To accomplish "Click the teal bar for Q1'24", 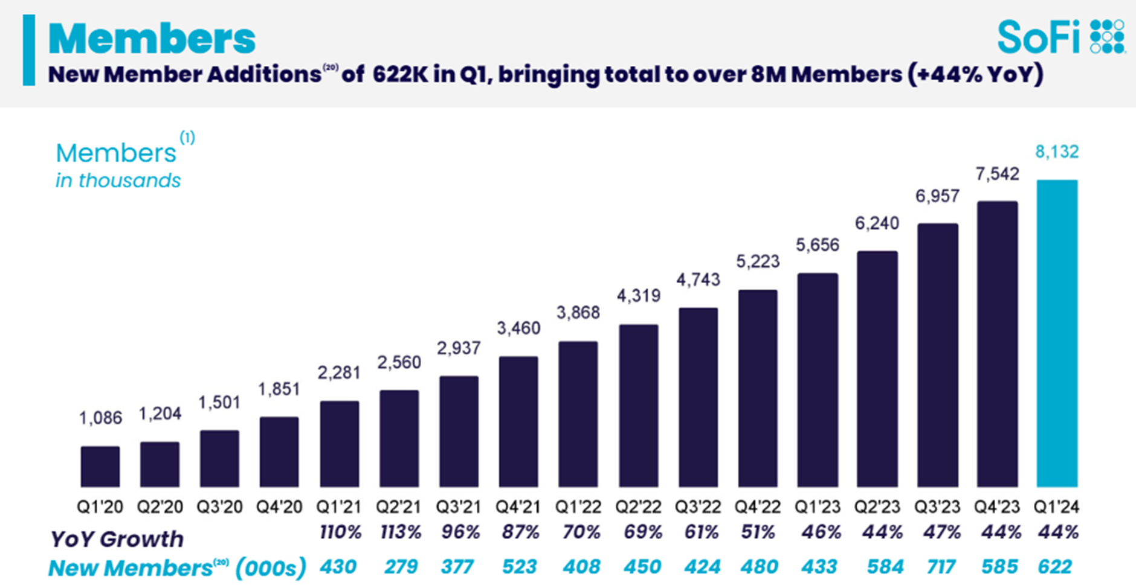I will [x=1057, y=333].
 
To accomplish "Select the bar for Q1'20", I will [x=100, y=467].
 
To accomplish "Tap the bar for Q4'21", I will [x=518, y=421].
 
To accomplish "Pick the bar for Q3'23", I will [x=937, y=355].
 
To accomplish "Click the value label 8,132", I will [x=1057, y=152].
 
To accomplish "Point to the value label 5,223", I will [x=758, y=261].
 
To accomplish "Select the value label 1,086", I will [x=100, y=418].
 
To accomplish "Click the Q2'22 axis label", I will [x=638, y=507].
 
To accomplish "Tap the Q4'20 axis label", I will [x=279, y=507].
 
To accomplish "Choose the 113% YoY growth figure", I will [x=401, y=532].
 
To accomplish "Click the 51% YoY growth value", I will [x=758, y=532].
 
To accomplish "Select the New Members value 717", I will [x=941, y=567].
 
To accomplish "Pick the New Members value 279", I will [x=401, y=567].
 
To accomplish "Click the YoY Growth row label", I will [x=117, y=538].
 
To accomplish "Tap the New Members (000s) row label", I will [x=176, y=568].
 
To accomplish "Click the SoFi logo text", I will [x=1038, y=37].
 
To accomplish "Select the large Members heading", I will [x=152, y=39].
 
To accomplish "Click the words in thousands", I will [x=118, y=181].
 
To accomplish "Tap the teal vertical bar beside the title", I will [x=28, y=50].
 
